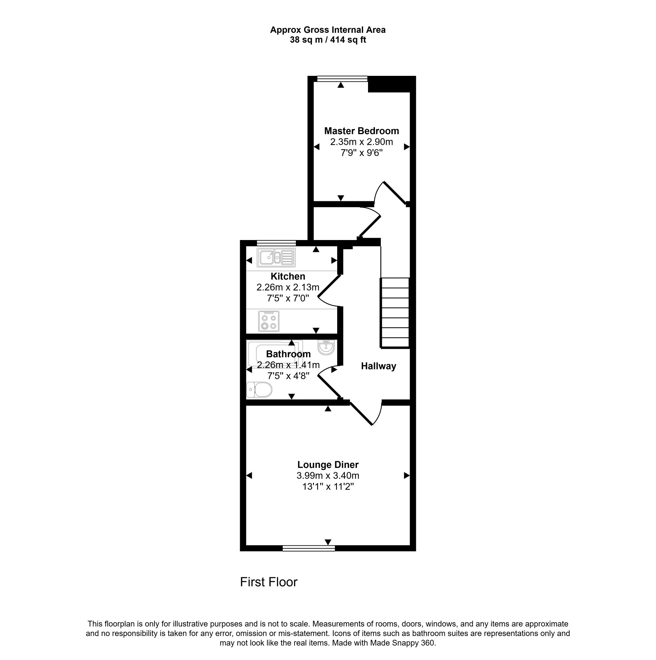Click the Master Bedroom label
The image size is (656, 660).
point(361,131)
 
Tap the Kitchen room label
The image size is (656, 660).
point(288,276)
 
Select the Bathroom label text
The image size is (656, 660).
point(288,354)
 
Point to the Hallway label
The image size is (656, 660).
point(379,366)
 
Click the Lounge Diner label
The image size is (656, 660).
point(328,465)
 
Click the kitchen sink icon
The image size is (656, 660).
point(276,257)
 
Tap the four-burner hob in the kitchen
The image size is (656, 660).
point(269,321)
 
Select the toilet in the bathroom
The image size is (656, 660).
point(259,390)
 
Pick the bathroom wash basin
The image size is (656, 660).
point(326,347)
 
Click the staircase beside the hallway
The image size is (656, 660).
point(395,313)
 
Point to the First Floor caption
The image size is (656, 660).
point(269,582)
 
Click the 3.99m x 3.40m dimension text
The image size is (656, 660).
point(328,475)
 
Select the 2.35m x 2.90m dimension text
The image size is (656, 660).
point(361,142)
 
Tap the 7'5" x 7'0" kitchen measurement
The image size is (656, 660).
point(288,298)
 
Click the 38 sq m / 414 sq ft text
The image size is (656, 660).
point(328,40)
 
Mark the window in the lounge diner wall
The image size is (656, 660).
point(309,548)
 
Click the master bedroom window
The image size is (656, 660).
point(342,79)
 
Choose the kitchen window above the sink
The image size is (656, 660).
point(277,243)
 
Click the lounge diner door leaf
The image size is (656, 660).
point(361,414)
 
